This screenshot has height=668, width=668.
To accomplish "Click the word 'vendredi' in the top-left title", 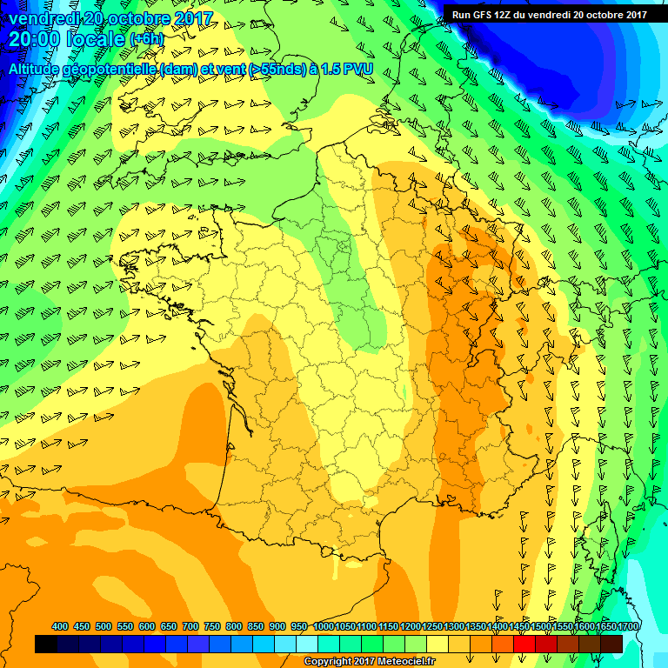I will coord(43,17).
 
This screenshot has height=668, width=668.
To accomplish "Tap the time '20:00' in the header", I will coord(35,39).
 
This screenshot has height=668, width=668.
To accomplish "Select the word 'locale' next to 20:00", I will coord(97,39).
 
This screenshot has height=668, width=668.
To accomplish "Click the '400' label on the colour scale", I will coord(60,626).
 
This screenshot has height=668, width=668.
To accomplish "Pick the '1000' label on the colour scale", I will coord(323,626).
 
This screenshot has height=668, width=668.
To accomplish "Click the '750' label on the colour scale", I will coord(212,626).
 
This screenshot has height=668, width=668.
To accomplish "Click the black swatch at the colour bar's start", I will coord(46,644).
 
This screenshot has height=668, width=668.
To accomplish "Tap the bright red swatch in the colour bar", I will coord(524,644).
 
